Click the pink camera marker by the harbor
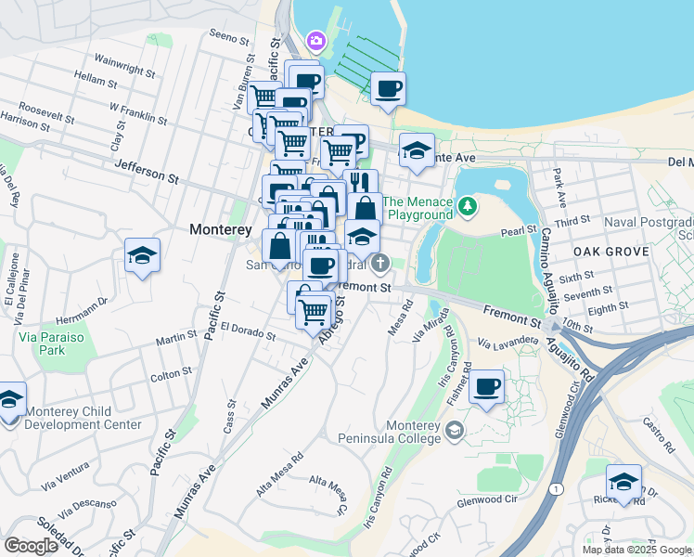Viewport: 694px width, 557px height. tap(316, 40)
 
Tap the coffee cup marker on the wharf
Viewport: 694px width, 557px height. tap(388, 90)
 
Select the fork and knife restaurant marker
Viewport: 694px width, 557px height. tap(360, 183)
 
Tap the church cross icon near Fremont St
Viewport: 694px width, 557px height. tap(379, 266)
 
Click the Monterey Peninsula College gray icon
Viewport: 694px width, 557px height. tap(454, 430)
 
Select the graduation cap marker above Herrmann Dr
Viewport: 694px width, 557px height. tap(142, 255)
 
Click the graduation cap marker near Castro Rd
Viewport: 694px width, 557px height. tap(623, 483)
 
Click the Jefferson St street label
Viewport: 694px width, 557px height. tap(146, 170)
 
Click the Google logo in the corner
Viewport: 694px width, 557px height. tap(31, 545)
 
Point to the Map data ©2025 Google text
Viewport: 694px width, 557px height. tap(636, 550)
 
